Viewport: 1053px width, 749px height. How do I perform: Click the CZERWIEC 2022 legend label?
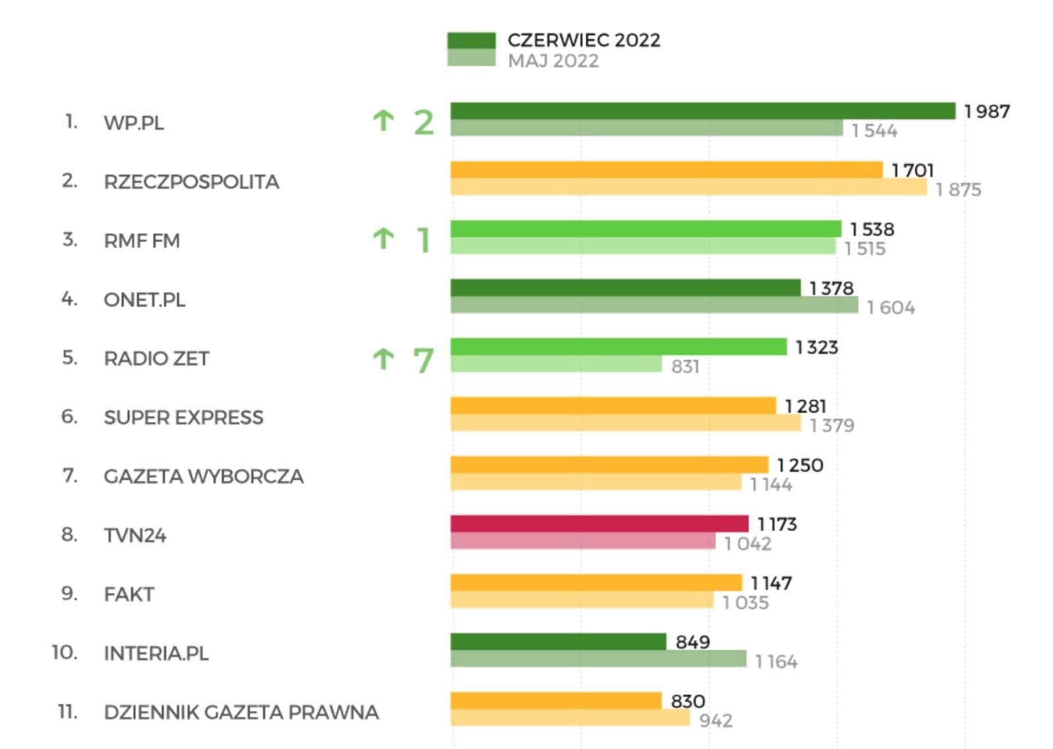click(x=583, y=40)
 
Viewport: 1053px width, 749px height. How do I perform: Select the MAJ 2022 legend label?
click(x=553, y=61)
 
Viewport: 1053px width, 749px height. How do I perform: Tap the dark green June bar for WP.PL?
click(x=702, y=111)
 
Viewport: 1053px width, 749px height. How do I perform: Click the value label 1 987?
click(x=987, y=112)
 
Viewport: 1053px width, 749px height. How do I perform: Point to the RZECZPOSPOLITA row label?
click(x=191, y=182)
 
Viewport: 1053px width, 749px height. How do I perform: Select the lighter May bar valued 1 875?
click(x=688, y=188)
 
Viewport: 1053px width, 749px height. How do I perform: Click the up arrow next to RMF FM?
click(x=383, y=239)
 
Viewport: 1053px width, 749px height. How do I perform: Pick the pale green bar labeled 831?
click(x=556, y=364)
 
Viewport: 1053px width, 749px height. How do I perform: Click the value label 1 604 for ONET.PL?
click(x=890, y=307)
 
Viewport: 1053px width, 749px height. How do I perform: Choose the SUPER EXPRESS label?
click(x=183, y=417)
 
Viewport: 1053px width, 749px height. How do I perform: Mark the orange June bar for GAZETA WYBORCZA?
click(x=609, y=465)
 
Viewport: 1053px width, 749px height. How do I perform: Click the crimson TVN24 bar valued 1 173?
click(x=599, y=524)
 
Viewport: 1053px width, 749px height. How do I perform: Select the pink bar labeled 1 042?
click(x=582, y=542)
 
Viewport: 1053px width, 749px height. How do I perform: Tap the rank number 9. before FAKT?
click(x=69, y=594)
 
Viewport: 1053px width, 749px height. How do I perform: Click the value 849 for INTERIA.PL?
click(x=692, y=642)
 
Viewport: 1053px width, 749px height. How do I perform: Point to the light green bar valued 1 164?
click(x=598, y=659)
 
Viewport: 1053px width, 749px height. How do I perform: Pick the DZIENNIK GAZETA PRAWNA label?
click(x=241, y=712)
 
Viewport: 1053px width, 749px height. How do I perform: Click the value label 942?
click(x=715, y=721)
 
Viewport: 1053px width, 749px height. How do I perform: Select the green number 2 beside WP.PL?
click(x=424, y=122)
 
